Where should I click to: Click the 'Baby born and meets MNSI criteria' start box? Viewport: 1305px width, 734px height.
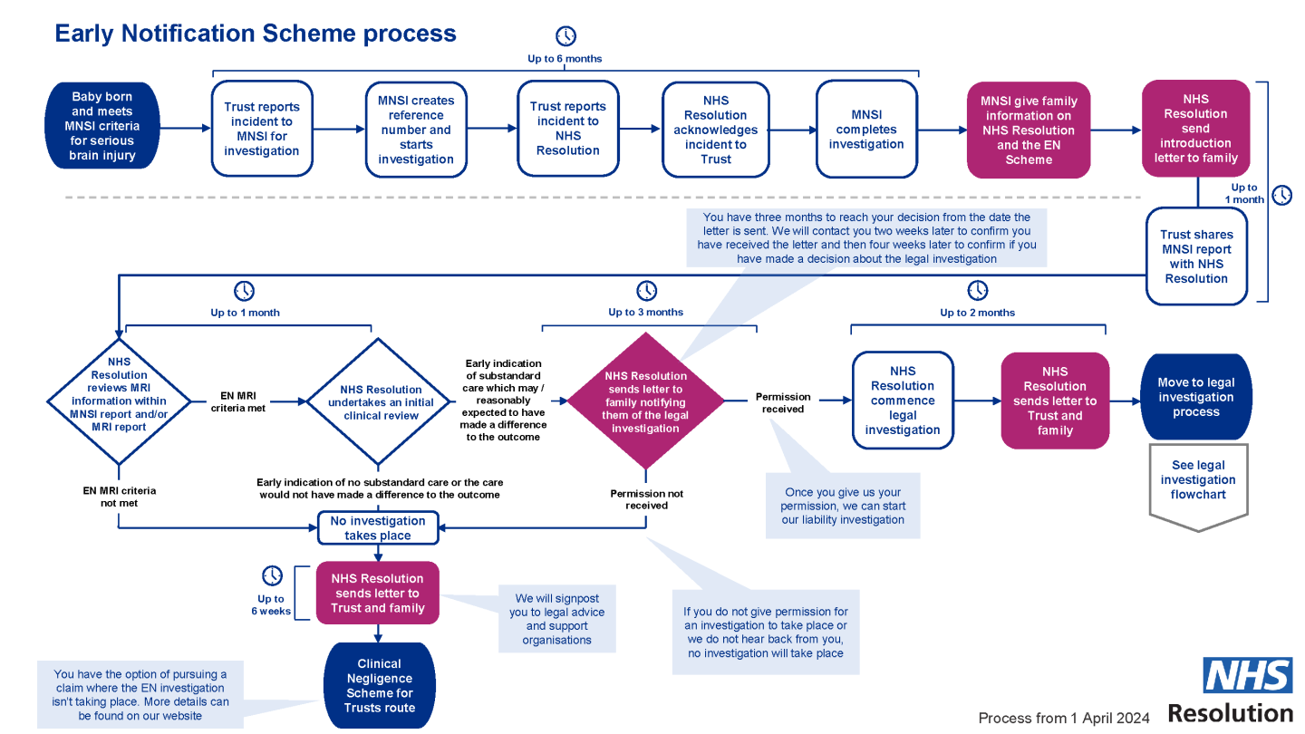(102, 127)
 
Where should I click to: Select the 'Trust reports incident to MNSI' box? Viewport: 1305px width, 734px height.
(262, 129)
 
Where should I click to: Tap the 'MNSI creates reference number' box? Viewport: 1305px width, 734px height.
(416, 130)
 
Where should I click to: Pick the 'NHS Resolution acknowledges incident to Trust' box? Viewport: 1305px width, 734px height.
(716, 130)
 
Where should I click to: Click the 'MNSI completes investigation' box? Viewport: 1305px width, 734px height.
(866, 130)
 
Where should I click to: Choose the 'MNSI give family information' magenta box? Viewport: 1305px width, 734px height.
(1029, 130)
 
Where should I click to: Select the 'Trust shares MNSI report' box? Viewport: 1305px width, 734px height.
(1196, 256)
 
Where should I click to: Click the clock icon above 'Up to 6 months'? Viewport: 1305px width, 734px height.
(565, 36)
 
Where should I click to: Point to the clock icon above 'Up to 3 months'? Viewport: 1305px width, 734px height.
(646, 291)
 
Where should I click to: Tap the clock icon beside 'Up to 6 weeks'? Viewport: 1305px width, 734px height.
(272, 575)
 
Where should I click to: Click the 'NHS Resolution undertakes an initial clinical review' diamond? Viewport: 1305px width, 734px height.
(381, 402)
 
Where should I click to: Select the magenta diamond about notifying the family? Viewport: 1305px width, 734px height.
(645, 401)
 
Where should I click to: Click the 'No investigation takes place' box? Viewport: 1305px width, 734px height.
(378, 528)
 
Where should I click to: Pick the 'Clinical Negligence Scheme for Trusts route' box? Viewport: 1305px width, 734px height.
(380, 686)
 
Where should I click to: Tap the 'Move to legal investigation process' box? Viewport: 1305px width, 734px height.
(1196, 397)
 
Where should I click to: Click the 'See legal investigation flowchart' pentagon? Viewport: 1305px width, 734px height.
(1198, 480)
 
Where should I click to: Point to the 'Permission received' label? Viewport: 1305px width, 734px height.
(783, 402)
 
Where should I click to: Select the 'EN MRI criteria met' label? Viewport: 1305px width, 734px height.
(239, 402)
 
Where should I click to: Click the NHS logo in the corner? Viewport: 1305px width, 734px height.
(1247, 676)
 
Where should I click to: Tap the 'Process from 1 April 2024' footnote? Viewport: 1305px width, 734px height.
(1064, 719)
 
